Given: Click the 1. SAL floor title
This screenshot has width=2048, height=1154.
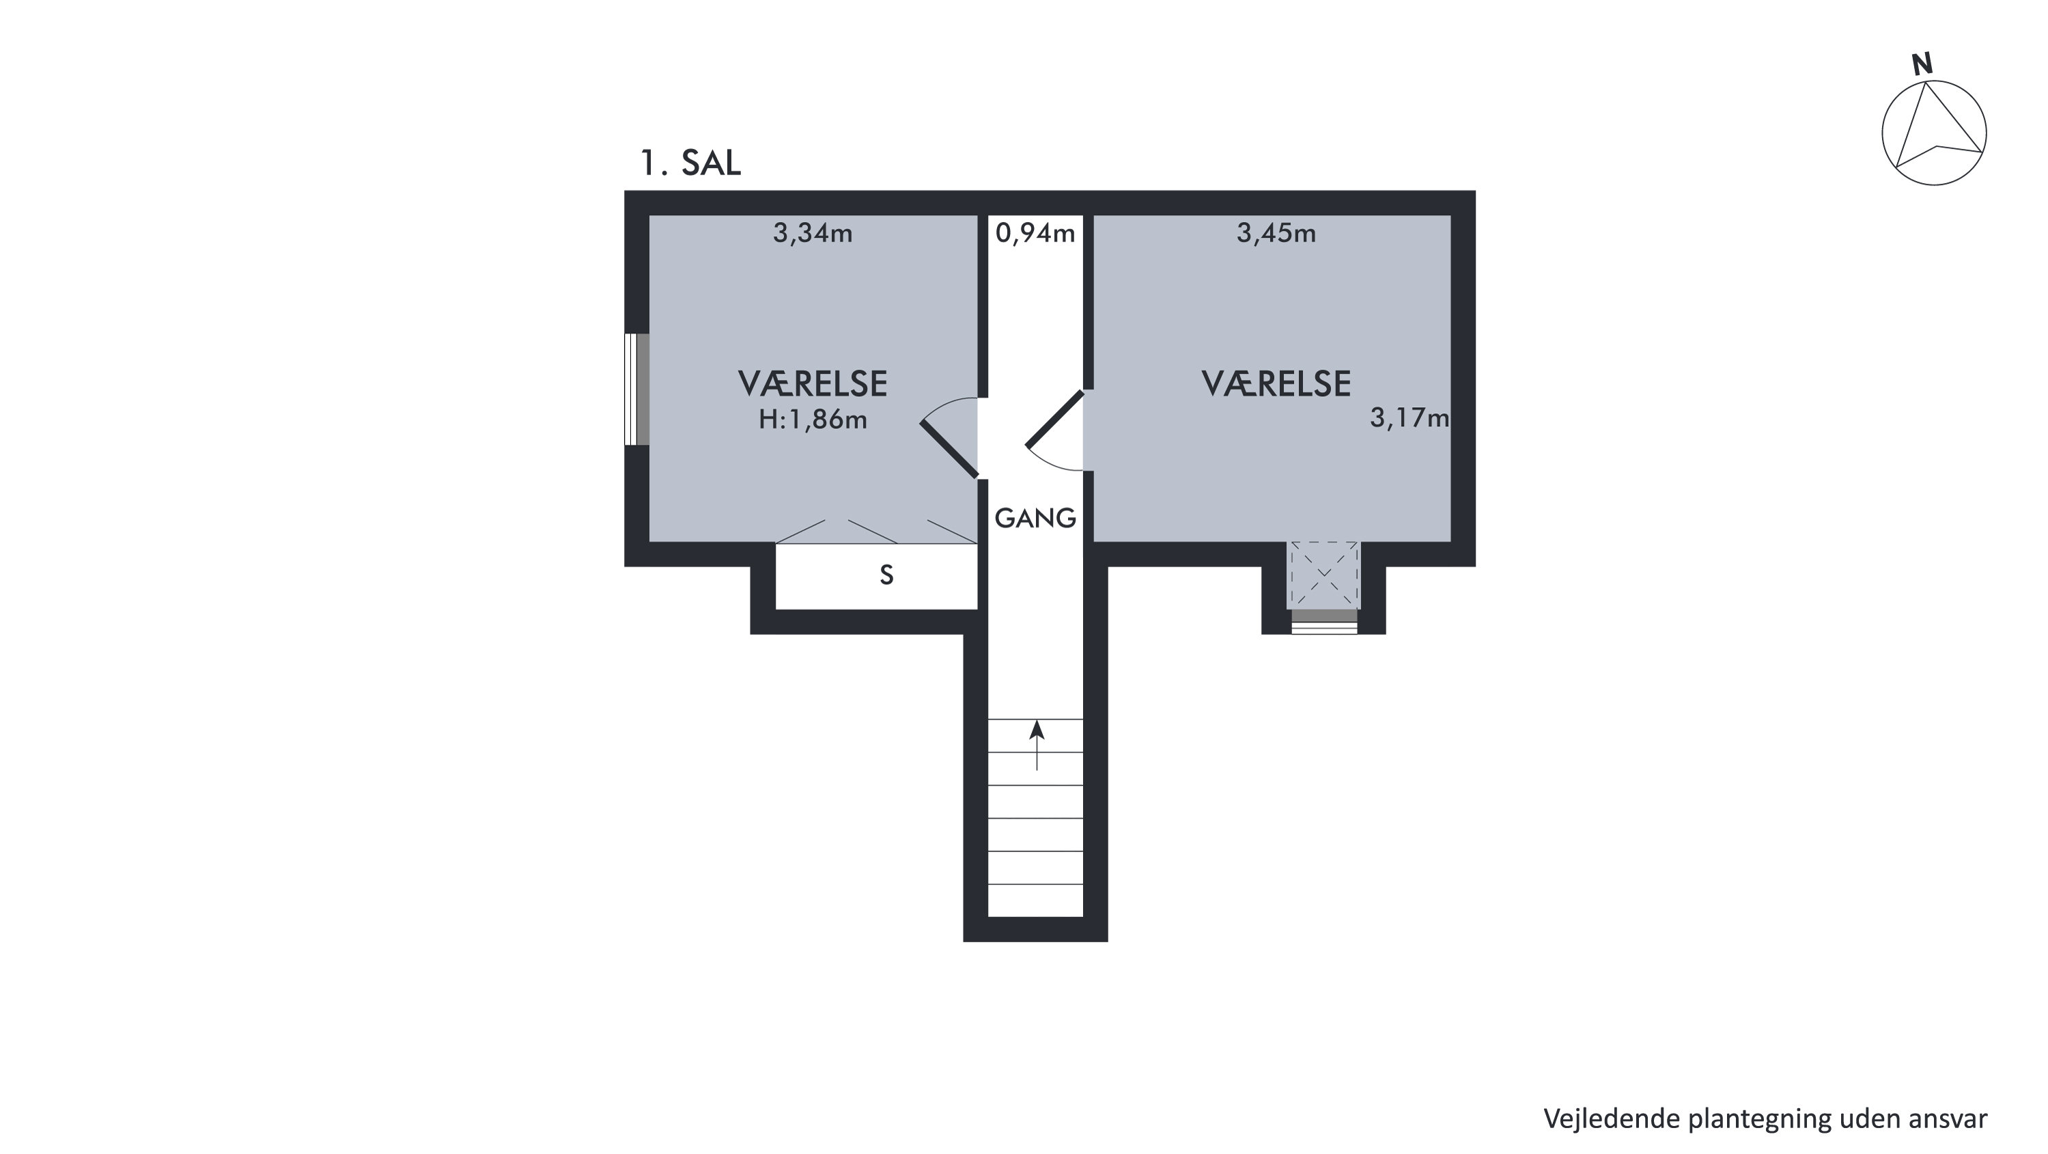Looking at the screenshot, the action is point(690,163).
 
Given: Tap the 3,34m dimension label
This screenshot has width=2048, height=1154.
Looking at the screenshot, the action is point(813,234).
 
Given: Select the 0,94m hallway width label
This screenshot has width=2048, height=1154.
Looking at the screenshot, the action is point(1035,234).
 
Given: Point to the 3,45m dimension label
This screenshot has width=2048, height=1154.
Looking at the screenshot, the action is point(1276,234).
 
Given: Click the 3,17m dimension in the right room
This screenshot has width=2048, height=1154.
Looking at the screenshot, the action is point(1409,418).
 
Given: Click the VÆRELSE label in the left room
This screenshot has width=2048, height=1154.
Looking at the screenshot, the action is point(813,384).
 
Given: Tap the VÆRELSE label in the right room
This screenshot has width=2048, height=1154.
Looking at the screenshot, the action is point(1276,384).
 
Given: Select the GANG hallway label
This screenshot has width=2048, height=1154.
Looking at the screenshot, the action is point(1035,519).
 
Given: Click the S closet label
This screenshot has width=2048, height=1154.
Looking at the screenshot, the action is point(886,575).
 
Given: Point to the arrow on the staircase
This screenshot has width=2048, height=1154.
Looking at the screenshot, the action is point(1037,745).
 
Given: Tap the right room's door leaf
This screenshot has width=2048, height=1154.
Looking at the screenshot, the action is point(1055,418).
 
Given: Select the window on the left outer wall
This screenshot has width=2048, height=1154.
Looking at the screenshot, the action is point(637,389).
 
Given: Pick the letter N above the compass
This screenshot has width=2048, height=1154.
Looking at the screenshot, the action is point(1922,65).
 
